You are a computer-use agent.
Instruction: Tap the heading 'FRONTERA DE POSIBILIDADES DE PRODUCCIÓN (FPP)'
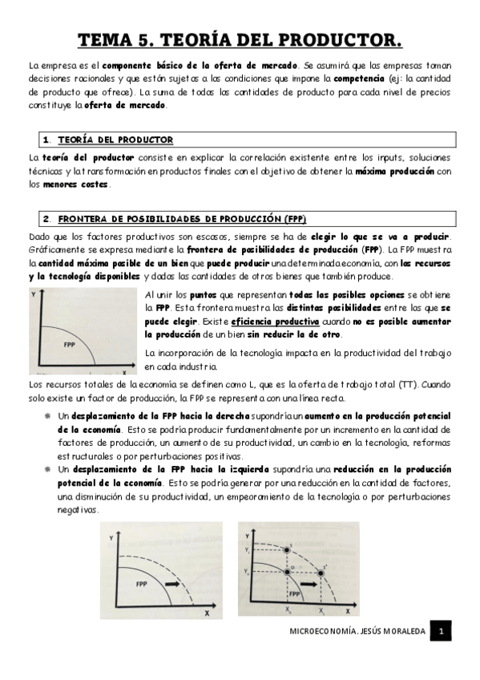(182, 218)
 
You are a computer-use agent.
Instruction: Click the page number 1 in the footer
(440, 632)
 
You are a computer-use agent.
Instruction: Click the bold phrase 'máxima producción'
(395, 171)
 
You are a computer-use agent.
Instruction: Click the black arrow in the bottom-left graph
(171, 583)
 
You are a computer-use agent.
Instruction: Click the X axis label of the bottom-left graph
(206, 613)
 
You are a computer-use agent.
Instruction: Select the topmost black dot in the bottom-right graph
(287, 550)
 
